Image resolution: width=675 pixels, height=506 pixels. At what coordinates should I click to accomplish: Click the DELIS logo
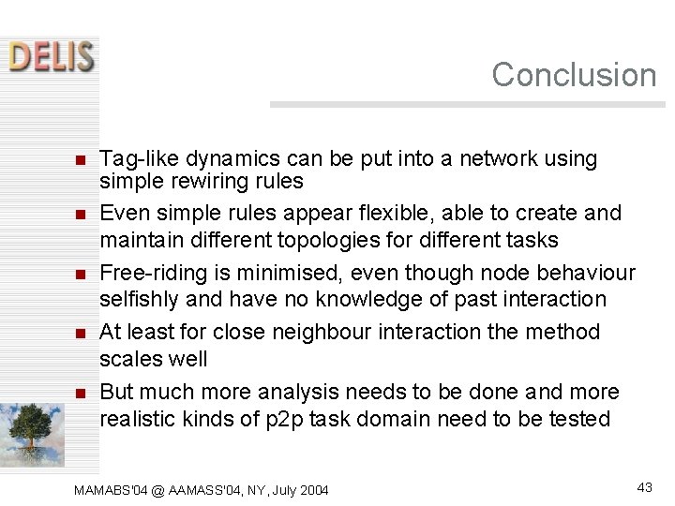(52, 55)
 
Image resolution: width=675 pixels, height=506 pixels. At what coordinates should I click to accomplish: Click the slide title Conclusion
(574, 75)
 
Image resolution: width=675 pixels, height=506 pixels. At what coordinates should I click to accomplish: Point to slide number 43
(644, 486)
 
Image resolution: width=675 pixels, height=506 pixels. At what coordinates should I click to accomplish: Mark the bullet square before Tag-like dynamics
(80, 160)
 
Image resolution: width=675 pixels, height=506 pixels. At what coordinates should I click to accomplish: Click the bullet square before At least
(80, 333)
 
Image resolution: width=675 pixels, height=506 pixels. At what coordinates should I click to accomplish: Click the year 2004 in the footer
(313, 490)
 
